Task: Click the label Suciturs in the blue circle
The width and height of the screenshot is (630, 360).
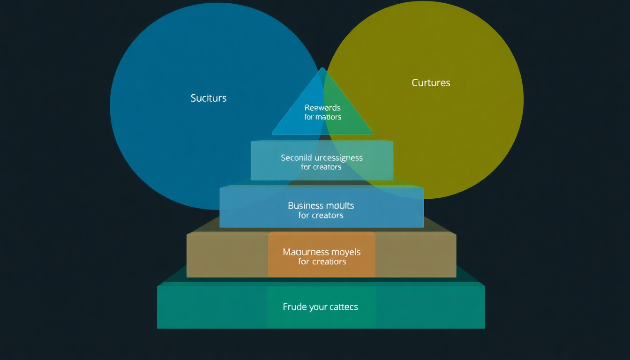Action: pyautogui.click(x=209, y=98)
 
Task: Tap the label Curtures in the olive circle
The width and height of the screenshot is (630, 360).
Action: pyautogui.click(x=431, y=83)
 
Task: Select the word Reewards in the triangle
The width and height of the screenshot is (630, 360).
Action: pyautogui.click(x=322, y=108)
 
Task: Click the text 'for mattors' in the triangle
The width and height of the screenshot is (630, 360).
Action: pyautogui.click(x=322, y=117)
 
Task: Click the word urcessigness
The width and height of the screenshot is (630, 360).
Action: pyautogui.click(x=341, y=157)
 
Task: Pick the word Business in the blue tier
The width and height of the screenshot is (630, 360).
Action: pyautogui.click(x=306, y=205)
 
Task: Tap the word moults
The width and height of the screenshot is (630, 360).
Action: pyautogui.click(x=340, y=205)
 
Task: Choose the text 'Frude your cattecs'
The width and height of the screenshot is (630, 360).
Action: pyautogui.click(x=321, y=307)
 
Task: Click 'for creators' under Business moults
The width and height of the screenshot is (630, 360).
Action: pyautogui.click(x=321, y=216)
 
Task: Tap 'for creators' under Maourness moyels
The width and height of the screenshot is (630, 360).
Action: pyautogui.click(x=322, y=262)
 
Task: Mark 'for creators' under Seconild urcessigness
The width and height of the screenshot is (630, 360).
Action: pyautogui.click(x=321, y=167)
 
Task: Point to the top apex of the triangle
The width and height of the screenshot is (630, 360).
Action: pyautogui.click(x=322, y=68)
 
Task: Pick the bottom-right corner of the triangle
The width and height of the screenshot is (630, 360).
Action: pyautogui.click(x=373, y=134)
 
